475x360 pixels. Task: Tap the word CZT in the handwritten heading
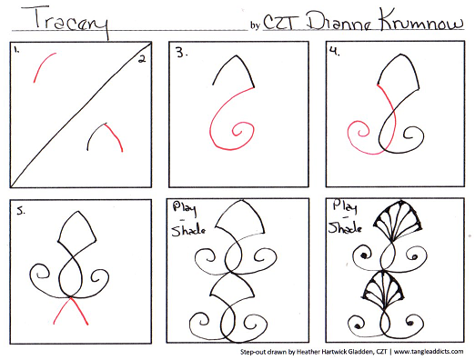pyautogui.click(x=281, y=22)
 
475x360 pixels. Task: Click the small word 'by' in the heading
pyautogui.click(x=255, y=25)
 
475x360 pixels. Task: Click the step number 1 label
pyautogui.click(x=16, y=50)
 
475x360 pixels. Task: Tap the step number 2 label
pyautogui.click(x=142, y=59)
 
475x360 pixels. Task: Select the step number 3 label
pyautogui.click(x=181, y=54)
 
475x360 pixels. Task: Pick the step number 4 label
pyautogui.click(x=335, y=52)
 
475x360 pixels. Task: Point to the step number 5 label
pyautogui.click(x=21, y=211)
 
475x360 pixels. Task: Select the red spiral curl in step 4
pyautogui.click(x=361, y=137)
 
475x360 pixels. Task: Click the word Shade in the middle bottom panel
pyautogui.click(x=188, y=230)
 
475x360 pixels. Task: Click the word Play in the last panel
pyautogui.click(x=344, y=207)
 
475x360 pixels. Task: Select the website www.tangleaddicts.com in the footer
pyautogui.click(x=429, y=352)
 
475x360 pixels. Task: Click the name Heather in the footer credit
pyautogui.click(x=308, y=352)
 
